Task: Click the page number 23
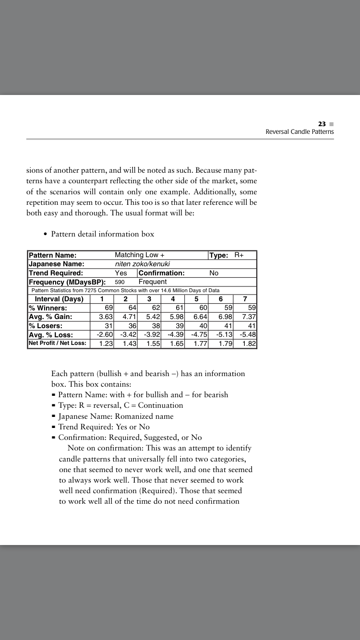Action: (322, 123)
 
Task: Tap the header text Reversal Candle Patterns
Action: (300, 131)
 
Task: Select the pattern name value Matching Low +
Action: (140, 255)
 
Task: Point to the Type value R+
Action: (239, 255)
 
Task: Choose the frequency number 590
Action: (120, 282)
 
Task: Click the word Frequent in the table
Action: (153, 282)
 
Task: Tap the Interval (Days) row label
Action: (59, 299)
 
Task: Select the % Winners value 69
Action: (108, 308)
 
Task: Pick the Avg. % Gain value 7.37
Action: (249, 317)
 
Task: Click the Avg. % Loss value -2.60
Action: (105, 334)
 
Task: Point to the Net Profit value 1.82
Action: (249, 344)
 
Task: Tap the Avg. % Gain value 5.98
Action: (175, 317)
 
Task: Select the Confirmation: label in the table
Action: (161, 273)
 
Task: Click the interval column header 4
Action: (172, 299)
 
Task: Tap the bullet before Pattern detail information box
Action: (45, 234)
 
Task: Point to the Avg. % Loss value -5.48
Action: (248, 334)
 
